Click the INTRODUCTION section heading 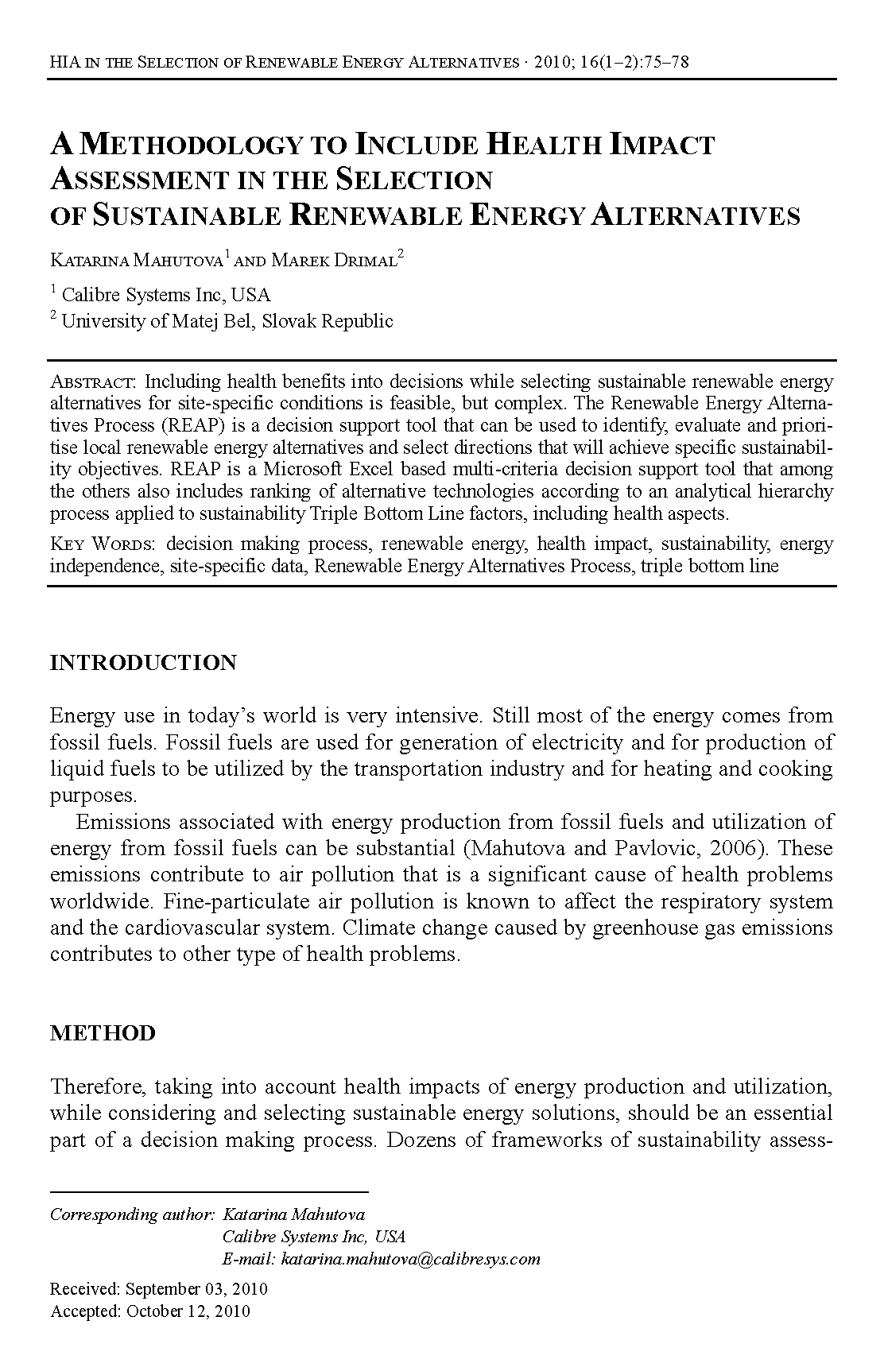[x=143, y=663]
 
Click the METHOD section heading [x=103, y=1033]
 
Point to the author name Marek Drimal [x=335, y=260]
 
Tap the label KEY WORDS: [x=105, y=544]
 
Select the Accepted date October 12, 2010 [x=188, y=1311]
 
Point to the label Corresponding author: [x=132, y=1214]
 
